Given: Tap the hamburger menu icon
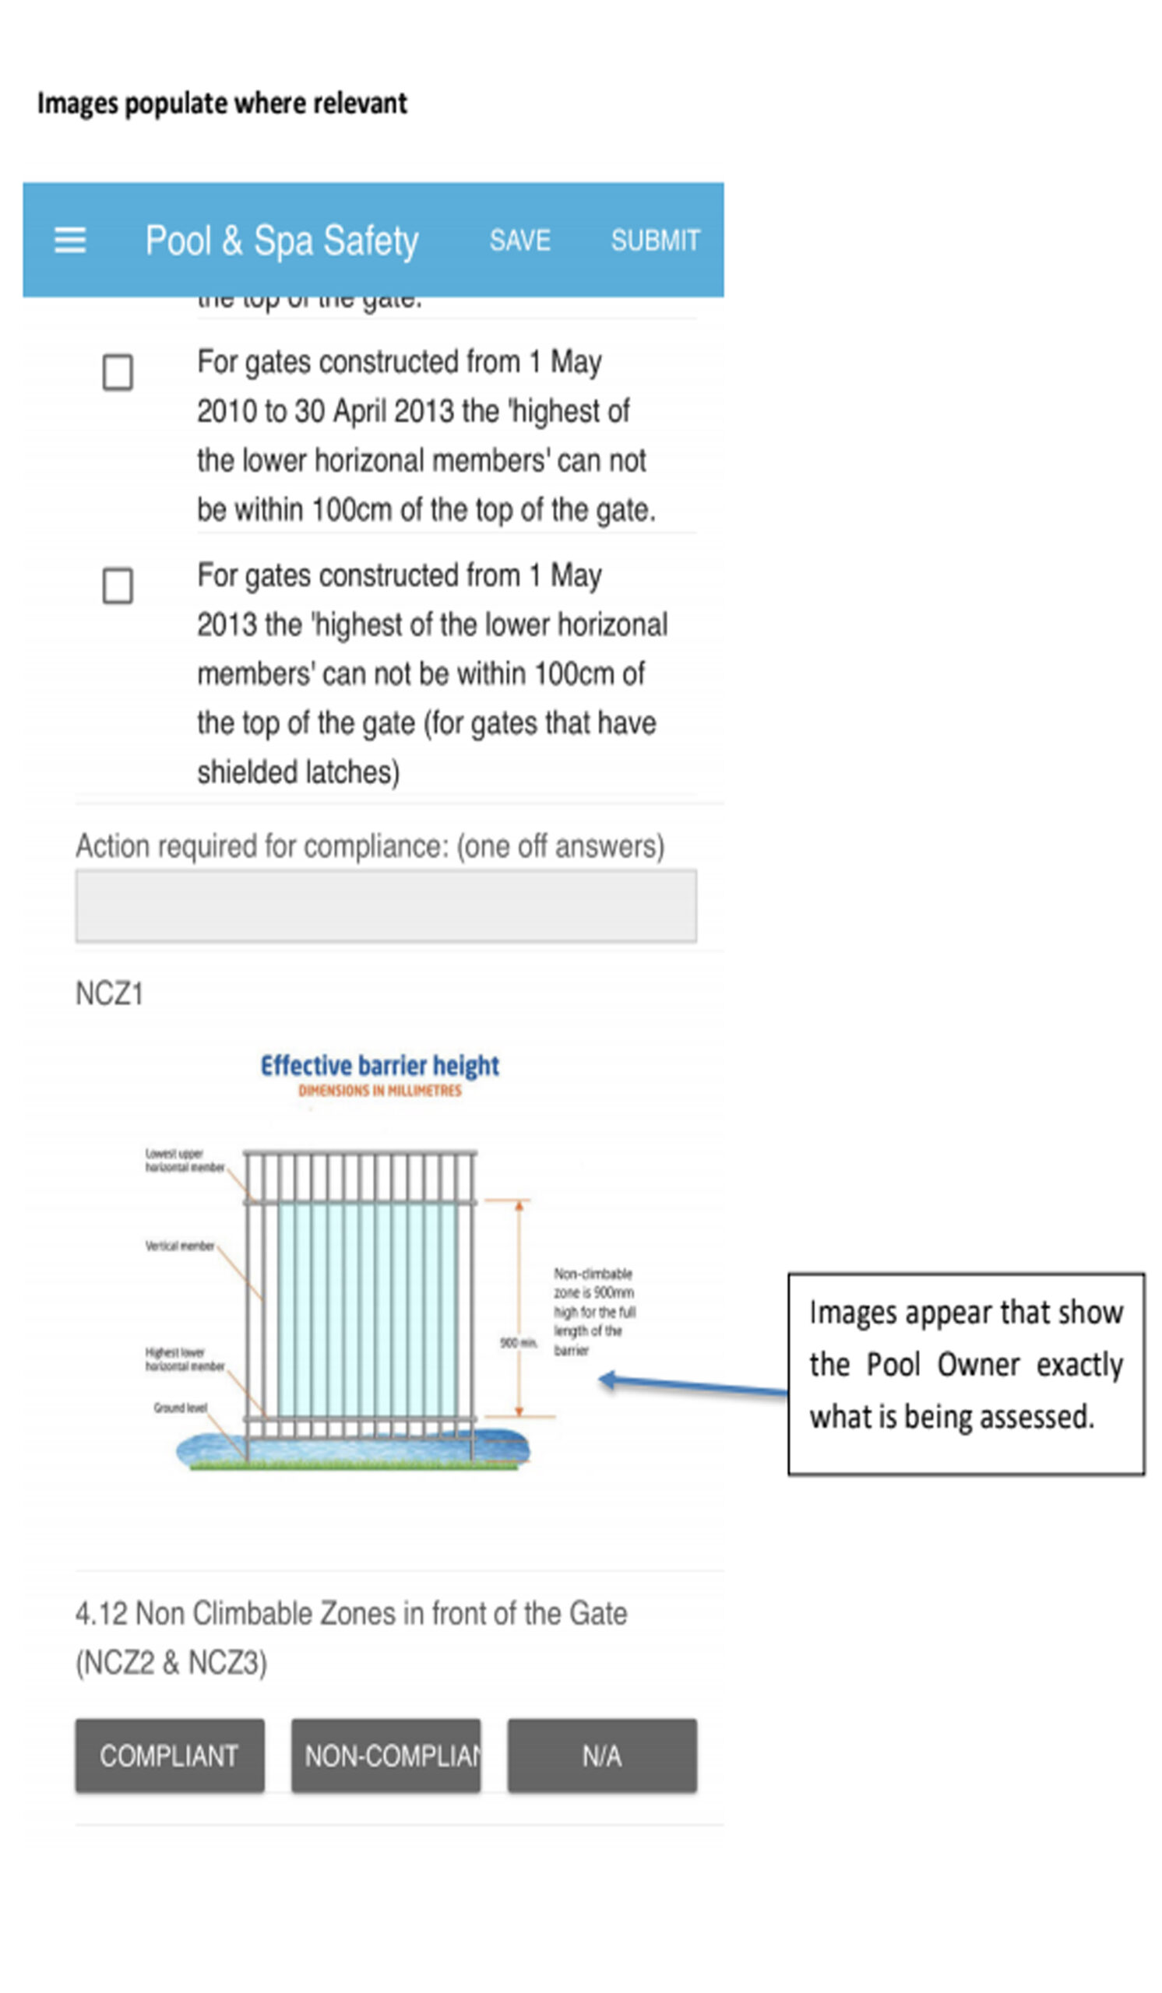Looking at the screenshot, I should point(69,241).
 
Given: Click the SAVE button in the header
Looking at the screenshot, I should point(519,241).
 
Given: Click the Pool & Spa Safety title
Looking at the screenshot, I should point(282,241).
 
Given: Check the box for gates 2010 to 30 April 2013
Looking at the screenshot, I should point(118,371).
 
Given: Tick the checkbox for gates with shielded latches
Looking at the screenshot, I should point(118,586).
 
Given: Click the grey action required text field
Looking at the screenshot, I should point(386,905).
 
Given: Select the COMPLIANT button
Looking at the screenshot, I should point(169,1756).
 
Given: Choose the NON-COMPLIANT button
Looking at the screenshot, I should point(386,1756).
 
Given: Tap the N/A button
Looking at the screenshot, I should point(602,1756).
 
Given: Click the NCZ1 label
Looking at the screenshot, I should point(109,994).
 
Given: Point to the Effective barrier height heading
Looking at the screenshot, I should point(380,1065).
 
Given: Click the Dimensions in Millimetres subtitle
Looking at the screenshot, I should point(380,1091).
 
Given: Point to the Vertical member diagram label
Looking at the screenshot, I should point(180,1246).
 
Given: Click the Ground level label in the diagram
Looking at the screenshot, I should point(181,1408).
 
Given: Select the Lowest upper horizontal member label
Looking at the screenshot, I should point(185,1160).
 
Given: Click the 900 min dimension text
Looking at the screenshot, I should point(518,1343).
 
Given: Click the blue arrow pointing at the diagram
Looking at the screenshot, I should point(692,1385).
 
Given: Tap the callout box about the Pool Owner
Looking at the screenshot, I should point(966,1374).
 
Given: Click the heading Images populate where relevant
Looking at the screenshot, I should point(222,104).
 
